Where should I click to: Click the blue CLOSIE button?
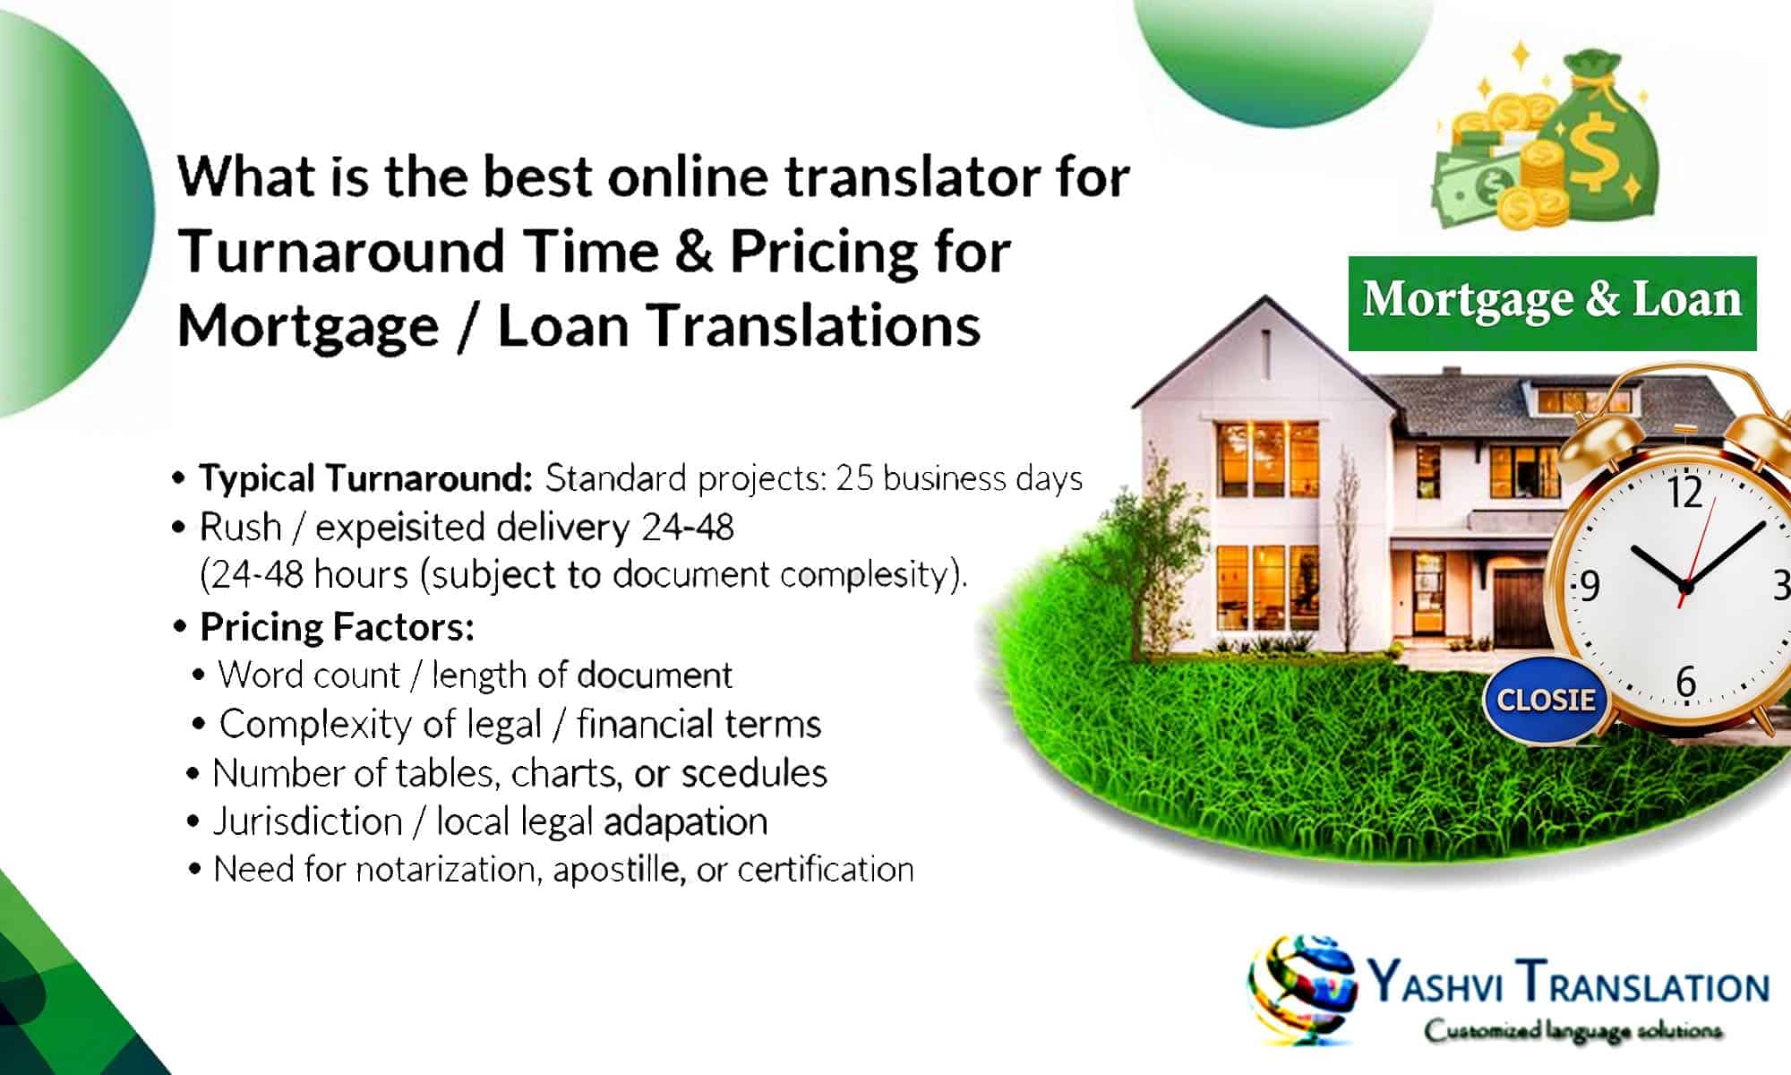pos(1546,700)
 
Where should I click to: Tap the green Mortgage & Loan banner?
pos(1552,301)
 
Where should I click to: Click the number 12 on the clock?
pos(1684,493)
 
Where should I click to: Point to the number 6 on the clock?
pos(1685,683)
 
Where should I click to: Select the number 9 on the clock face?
pos(1590,586)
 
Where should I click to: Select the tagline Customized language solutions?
pos(1573,1031)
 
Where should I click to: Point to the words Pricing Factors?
pos(337,627)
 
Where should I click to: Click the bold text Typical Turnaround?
pos(365,478)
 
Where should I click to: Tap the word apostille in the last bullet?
pos(619,870)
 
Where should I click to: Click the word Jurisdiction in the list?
pos(307,821)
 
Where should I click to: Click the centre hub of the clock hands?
pos(1685,588)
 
